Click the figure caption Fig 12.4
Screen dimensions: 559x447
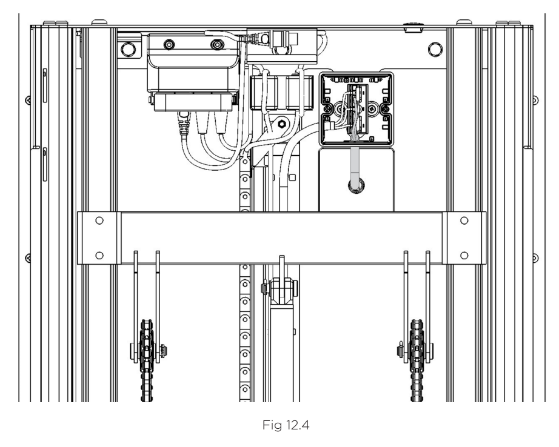point(286,425)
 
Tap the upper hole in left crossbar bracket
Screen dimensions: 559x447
point(99,220)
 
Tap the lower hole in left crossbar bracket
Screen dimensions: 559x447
point(99,256)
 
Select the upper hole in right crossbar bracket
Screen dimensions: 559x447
point(464,220)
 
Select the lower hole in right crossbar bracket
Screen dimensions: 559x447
point(464,256)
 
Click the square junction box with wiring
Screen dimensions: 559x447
point(356,109)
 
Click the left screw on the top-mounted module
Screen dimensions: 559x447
point(169,45)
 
